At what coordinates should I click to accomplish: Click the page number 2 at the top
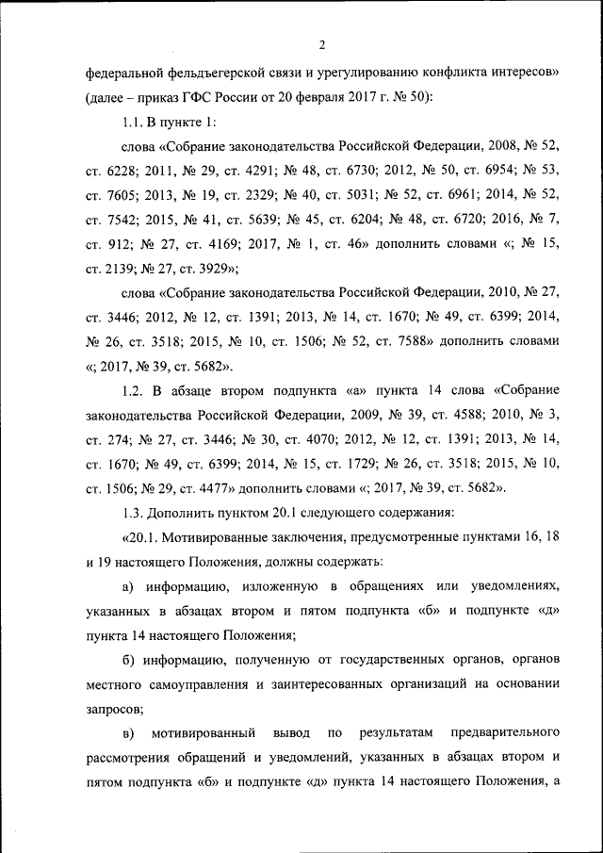tap(321, 44)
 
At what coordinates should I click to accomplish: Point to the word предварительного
tap(507, 732)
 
